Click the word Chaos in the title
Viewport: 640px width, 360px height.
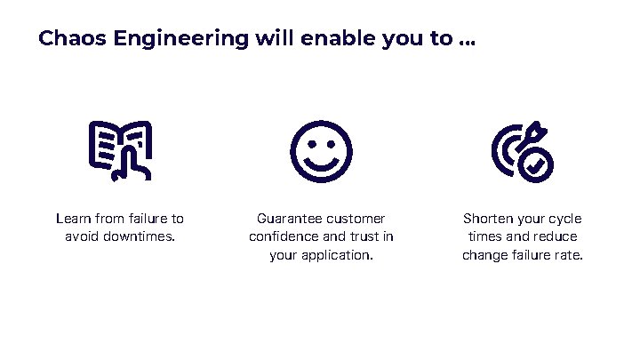click(x=69, y=39)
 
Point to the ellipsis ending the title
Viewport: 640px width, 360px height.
click(x=468, y=44)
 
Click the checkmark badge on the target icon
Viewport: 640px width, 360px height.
click(x=535, y=165)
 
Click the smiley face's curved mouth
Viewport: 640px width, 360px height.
click(x=321, y=164)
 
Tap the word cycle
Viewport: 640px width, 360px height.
click(x=564, y=219)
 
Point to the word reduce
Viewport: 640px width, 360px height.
click(x=556, y=237)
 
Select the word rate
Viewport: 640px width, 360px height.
click(x=570, y=256)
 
